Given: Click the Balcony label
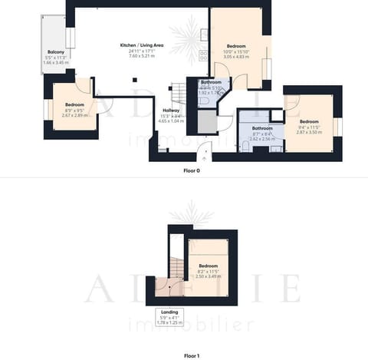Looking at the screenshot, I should pos(55,52).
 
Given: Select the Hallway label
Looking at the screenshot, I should pos(170,111).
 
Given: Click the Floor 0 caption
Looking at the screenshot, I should pos(191,170).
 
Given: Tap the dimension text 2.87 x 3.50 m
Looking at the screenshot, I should pos(309,133).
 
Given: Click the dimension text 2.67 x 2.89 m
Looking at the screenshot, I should pos(75,115).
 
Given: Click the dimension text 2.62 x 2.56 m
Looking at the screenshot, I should pos(263,139).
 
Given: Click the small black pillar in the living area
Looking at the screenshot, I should pos(134,78).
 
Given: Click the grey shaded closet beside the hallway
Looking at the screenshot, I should pos(208,121).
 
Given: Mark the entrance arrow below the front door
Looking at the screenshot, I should pos(205,154).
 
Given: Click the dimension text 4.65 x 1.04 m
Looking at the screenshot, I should pos(170,121).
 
